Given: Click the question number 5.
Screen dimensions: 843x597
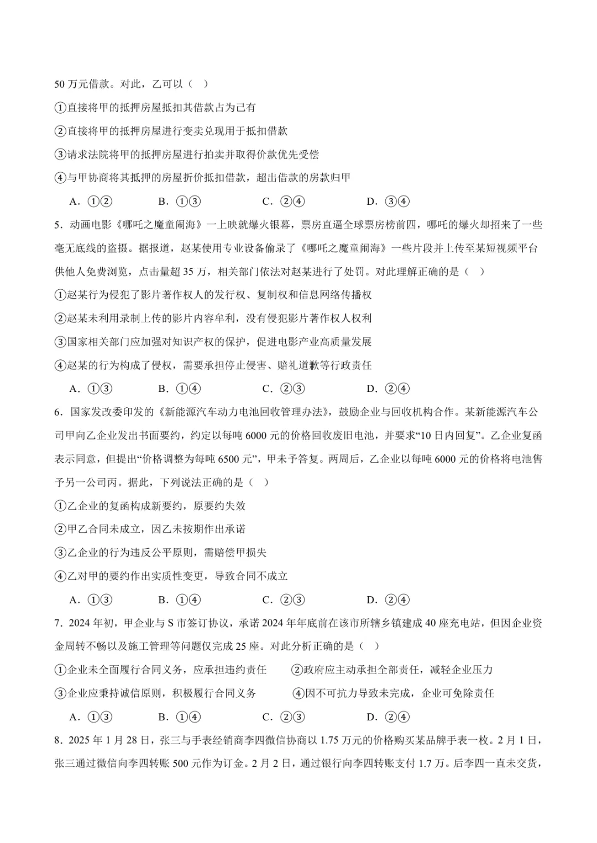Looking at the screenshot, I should (x=57, y=225).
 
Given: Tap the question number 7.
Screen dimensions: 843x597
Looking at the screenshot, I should (x=57, y=623).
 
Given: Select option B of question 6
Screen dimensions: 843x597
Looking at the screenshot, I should (x=179, y=600).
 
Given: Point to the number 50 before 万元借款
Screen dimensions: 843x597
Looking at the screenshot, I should (x=60, y=84).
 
